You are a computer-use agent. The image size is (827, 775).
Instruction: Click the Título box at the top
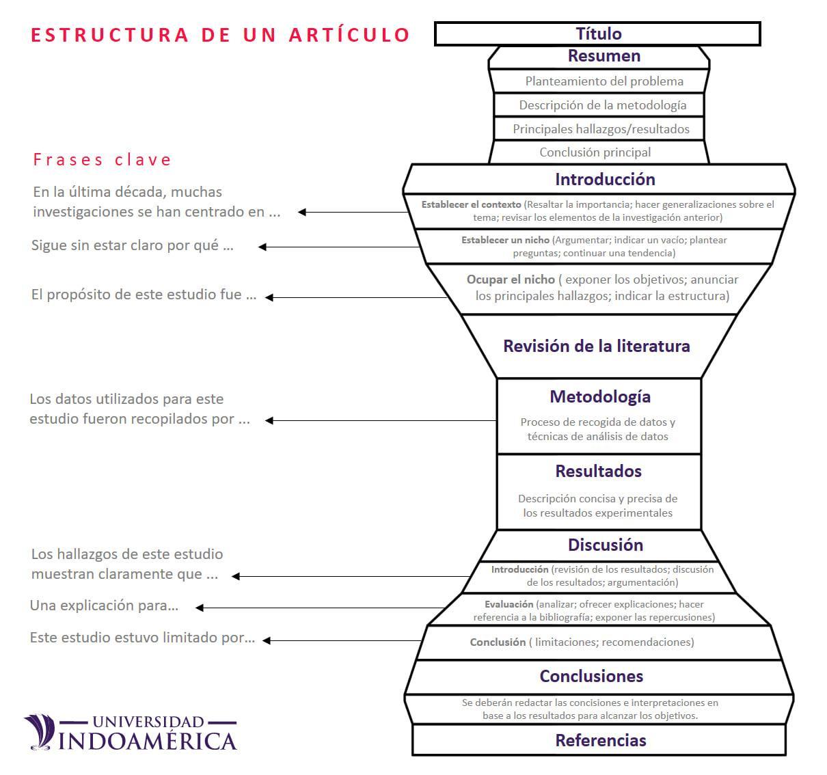598,33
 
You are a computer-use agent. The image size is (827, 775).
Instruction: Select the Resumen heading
604,56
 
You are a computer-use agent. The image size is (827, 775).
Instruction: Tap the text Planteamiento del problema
604,81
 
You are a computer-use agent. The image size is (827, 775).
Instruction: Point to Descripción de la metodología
602,105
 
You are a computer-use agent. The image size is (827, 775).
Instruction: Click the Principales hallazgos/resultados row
601,129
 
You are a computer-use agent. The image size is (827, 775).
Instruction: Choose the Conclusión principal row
595,152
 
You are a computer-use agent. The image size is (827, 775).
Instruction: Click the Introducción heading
604,180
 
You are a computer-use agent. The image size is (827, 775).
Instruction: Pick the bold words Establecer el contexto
471,204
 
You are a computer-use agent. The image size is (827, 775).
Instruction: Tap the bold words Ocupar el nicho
511,280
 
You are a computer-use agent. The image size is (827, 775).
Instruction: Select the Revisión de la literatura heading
596,346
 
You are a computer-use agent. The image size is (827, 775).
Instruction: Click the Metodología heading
599,397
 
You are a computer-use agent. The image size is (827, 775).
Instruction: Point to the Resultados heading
598,472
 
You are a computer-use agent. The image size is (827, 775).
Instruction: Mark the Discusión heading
605,545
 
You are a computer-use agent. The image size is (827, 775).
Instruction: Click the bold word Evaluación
509,604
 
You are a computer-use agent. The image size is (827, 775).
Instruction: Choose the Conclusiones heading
591,677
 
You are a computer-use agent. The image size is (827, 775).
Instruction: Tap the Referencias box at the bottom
600,741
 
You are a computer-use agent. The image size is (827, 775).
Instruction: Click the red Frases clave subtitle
103,160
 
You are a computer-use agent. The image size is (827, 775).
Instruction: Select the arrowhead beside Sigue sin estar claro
262,247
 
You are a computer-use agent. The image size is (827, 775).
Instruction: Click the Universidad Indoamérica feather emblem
40,731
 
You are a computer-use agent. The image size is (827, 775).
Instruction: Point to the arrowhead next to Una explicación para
200,608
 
